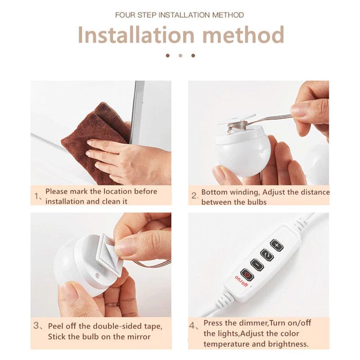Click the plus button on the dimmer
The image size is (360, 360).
pyautogui.click(x=277, y=245)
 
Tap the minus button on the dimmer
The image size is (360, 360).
pyautogui.click(x=257, y=265)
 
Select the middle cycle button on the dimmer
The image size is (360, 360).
pyautogui.click(x=267, y=255)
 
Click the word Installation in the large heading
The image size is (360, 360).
pyautogui.click(x=136, y=35)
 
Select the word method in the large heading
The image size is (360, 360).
pyautogui.click(x=243, y=35)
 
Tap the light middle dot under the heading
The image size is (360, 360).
pyautogui.click(x=180, y=55)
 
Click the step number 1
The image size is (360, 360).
pyautogui.click(x=37, y=196)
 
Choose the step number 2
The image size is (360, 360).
pyautogui.click(x=194, y=196)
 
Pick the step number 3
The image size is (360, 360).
pyautogui.click(x=36, y=325)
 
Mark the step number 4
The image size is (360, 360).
pyautogui.click(x=193, y=325)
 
